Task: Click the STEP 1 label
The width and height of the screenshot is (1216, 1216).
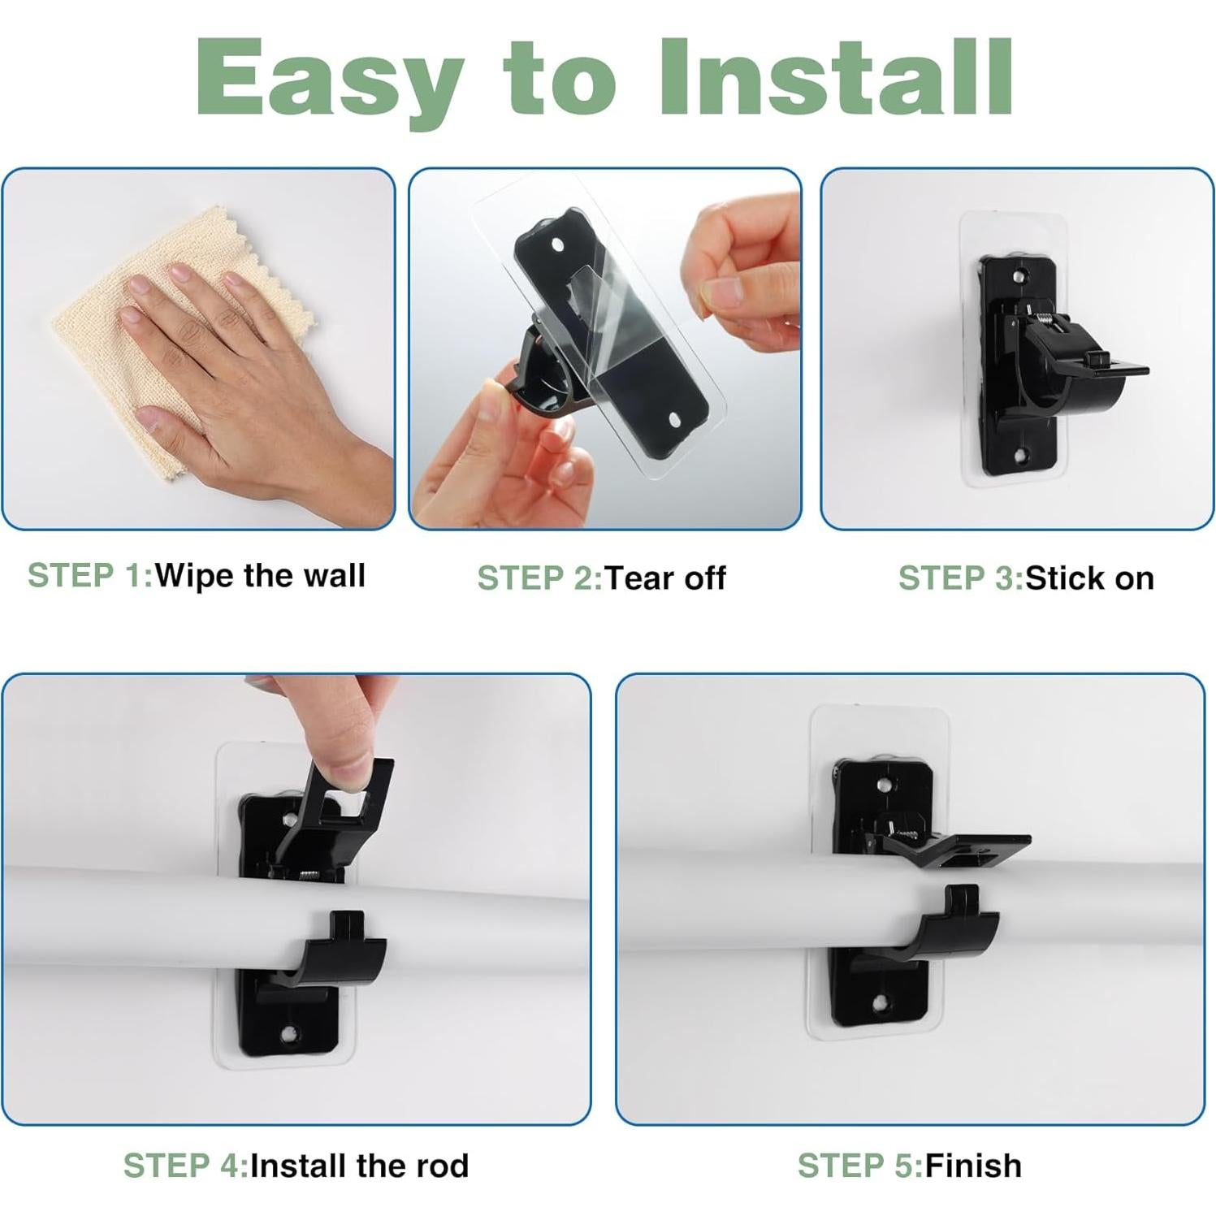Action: [90, 575]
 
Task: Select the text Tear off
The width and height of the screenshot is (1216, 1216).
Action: [665, 578]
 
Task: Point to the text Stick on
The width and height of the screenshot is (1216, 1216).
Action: [1089, 578]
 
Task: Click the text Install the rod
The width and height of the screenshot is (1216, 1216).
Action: [359, 1166]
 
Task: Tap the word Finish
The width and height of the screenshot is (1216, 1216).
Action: [973, 1166]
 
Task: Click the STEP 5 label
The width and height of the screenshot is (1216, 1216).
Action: [860, 1166]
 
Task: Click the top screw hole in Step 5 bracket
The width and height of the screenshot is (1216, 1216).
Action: [884, 785]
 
